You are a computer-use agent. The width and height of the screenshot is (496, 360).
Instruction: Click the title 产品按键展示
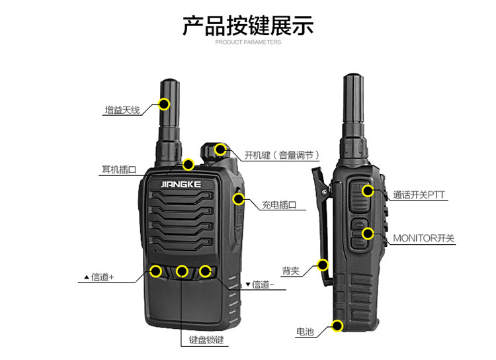pyautogui.click(x=248, y=25)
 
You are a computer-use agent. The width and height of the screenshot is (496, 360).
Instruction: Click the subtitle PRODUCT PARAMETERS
pyautogui.click(x=248, y=42)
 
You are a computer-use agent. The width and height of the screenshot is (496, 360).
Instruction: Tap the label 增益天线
pyautogui.click(x=122, y=111)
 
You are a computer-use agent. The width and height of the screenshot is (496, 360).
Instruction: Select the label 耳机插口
pyautogui.click(x=119, y=169)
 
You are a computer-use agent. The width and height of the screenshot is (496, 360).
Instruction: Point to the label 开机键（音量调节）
pyautogui.click(x=282, y=155)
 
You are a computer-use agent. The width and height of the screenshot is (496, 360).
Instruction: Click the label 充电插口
pyautogui.click(x=279, y=205)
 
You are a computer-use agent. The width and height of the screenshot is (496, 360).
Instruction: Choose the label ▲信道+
pyautogui.click(x=99, y=277)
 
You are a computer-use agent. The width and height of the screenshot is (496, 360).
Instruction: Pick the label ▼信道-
pyautogui.click(x=260, y=285)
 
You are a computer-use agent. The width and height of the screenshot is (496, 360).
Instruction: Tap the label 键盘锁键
pyautogui.click(x=206, y=339)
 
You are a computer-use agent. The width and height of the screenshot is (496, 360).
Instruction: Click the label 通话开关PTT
pyautogui.click(x=419, y=195)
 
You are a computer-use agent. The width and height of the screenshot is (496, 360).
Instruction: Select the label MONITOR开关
pyautogui.click(x=423, y=238)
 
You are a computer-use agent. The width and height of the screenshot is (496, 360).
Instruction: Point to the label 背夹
pyautogui.click(x=291, y=271)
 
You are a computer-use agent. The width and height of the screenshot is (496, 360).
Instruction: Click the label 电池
pyautogui.click(x=305, y=332)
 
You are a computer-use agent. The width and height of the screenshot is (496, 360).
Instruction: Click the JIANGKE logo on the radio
pyautogui.click(x=181, y=184)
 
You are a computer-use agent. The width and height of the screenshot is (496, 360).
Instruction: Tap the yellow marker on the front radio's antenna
pyautogui.click(x=164, y=104)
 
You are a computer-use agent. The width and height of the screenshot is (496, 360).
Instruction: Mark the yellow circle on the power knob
pyautogui.click(x=220, y=149)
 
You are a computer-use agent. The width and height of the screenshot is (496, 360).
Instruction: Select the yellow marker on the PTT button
pyautogui.click(x=368, y=191)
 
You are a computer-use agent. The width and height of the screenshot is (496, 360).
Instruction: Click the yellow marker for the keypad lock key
pyautogui.click(x=182, y=271)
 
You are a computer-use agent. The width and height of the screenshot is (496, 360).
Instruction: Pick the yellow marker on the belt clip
pyautogui.click(x=323, y=265)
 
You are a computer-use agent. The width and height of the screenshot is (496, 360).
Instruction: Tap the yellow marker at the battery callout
pyautogui.click(x=337, y=326)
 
